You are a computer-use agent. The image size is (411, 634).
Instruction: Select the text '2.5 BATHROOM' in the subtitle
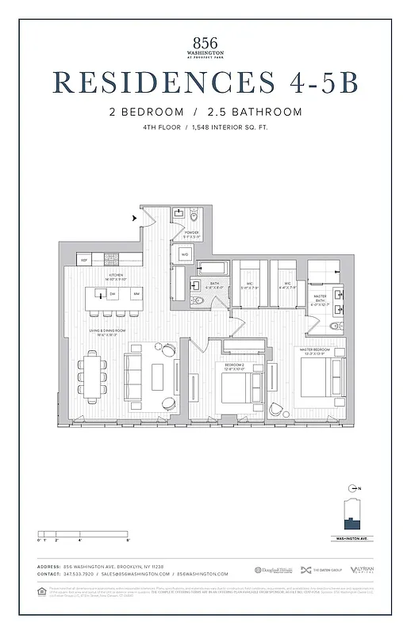pos(263,112)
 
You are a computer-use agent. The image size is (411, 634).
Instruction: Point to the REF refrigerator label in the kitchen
pos(83,260)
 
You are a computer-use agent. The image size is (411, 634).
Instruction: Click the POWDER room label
pos(191,234)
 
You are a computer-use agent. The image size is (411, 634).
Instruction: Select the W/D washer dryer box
pos(184,254)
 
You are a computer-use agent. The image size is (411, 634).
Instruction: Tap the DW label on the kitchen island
pos(113,294)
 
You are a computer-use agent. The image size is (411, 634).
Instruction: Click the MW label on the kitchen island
pos(136,294)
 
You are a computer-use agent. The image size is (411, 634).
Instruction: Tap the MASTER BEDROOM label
pos(315,349)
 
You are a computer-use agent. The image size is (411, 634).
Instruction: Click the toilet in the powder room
pos(193,215)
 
